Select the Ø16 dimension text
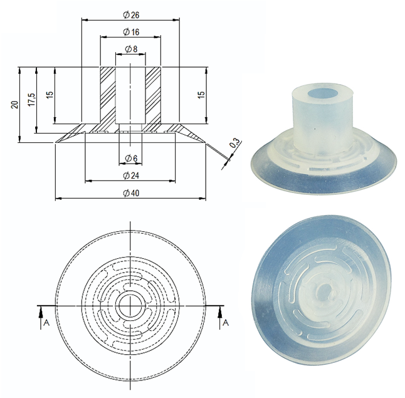click(x=131, y=31)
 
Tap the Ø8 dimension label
click(x=131, y=49)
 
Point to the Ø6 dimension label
click(x=131, y=157)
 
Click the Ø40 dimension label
click(x=131, y=192)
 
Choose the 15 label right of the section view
click(x=201, y=95)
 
